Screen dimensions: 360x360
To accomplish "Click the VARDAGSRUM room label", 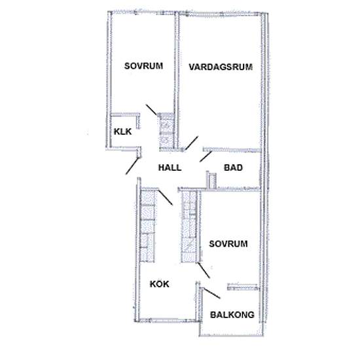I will (220, 67).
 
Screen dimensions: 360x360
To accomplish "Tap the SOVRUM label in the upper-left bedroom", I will (143, 66).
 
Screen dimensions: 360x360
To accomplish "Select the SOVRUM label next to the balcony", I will (228, 243).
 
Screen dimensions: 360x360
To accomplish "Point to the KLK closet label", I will (122, 132).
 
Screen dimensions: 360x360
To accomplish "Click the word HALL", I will (170, 168).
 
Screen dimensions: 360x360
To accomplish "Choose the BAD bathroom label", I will (234, 168).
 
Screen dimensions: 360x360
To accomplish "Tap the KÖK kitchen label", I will (160, 284).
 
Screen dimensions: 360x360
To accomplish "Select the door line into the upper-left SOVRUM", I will (152, 110).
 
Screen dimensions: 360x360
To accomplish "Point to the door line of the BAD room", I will (205, 156).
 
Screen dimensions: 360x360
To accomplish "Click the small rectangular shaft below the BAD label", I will (211, 179).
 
